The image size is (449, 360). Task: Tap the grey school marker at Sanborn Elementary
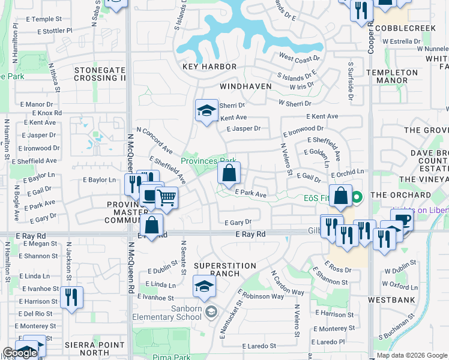point(210,311)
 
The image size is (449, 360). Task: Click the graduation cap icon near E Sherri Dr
point(206,110)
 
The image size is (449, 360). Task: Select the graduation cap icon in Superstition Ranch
point(204,286)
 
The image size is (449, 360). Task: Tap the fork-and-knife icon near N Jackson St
point(71,296)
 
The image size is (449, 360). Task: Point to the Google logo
point(20,353)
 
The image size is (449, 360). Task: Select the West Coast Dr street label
point(295,58)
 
